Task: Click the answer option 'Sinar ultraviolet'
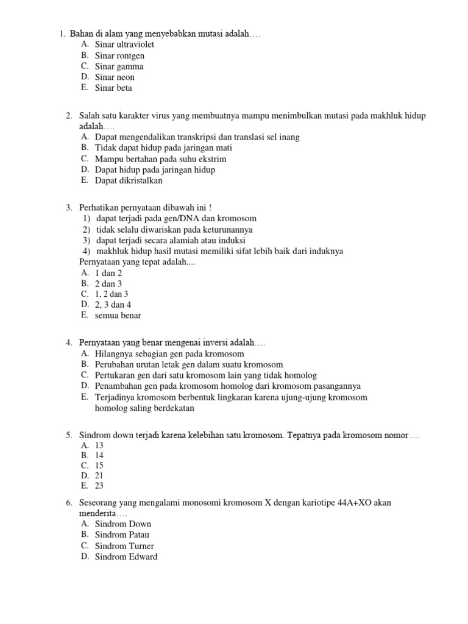(124, 44)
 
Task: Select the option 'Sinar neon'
(115, 77)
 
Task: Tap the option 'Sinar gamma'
(119, 66)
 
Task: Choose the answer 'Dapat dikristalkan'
(129, 181)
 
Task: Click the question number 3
(69, 208)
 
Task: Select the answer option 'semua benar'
(118, 316)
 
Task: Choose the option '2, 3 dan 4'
(113, 304)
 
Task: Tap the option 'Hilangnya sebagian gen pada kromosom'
(169, 354)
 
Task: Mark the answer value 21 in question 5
(99, 475)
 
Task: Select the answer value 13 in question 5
(99, 445)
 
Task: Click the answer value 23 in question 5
(99, 486)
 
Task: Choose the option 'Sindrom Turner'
(124, 546)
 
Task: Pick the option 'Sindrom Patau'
(122, 535)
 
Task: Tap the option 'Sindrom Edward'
(126, 557)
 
